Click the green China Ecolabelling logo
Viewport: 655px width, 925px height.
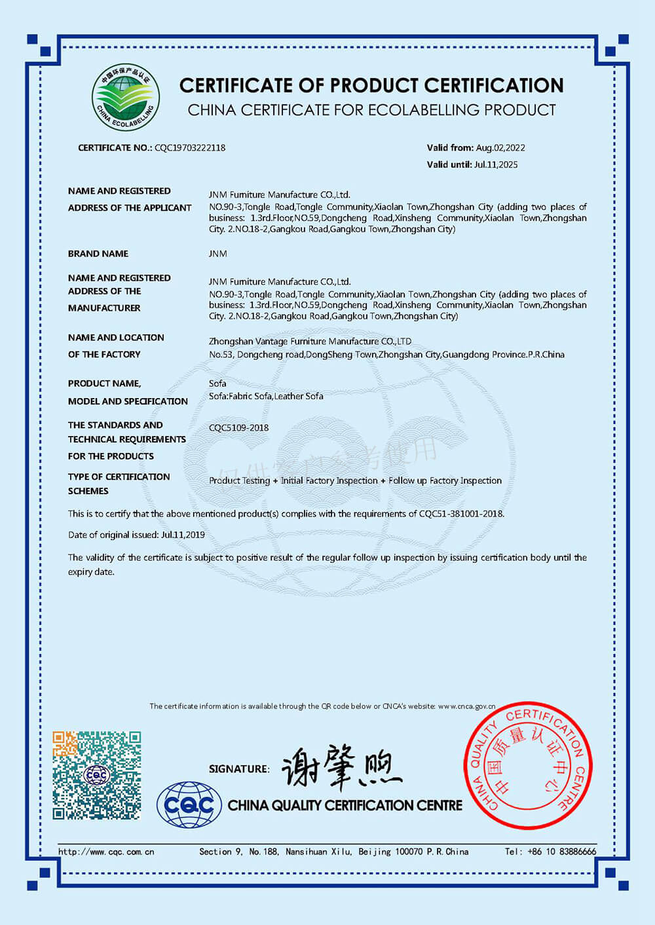125,98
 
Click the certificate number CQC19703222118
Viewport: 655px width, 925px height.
190,148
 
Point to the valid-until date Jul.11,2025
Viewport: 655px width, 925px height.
495,165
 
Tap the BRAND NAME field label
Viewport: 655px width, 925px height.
98,254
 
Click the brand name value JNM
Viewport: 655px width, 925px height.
218,254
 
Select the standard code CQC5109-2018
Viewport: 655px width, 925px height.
238,428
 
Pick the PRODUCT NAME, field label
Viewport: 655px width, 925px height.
104,384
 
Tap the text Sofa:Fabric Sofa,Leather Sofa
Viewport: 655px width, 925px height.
266,396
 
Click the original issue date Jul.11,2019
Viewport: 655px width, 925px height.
183,535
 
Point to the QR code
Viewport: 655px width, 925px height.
97,776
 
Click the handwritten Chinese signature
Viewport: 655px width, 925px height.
341,767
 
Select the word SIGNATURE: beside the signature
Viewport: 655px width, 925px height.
239,769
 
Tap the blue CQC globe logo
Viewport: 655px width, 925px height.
189,805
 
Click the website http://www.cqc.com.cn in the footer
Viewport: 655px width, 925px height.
106,852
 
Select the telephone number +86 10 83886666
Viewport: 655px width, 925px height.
561,852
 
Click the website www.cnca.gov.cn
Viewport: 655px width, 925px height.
466,706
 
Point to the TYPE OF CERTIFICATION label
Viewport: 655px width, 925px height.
119,477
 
